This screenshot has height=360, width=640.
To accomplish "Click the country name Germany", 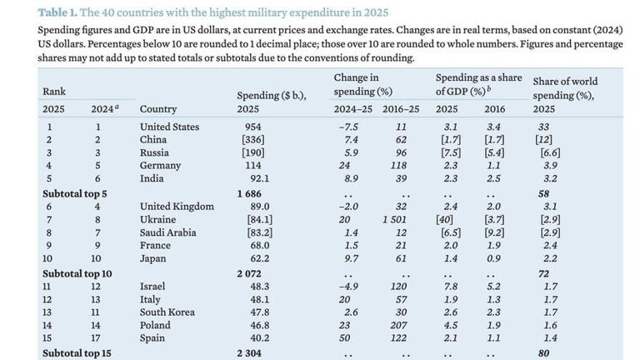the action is pos(160,165).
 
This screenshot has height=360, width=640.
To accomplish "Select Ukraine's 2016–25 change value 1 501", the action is pos(394,220).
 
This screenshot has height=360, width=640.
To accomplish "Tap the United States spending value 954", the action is pos(253,127).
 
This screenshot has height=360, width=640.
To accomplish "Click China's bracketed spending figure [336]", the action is pos(253,140).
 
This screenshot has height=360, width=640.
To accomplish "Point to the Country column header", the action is pos(158,109).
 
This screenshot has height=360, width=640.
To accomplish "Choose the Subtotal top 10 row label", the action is pos(77,273).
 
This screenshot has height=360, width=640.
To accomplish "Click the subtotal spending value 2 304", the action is pos(249,353).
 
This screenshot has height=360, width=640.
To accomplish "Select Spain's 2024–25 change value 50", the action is pos(344,338).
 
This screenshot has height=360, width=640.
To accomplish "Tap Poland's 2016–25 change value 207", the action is pos(398,325).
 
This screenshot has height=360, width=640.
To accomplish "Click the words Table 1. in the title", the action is pos(57,12).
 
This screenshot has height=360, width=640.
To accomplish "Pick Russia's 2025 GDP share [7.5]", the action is pos(451,152).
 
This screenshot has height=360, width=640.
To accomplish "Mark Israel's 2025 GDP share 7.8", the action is pos(451,287).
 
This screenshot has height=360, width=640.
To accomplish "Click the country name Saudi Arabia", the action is pos(167,232).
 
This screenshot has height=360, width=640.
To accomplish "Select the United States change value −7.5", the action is pos(348,127).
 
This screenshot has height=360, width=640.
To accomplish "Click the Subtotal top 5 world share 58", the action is pos(543,194).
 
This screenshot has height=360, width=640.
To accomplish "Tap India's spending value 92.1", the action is pos(260,178).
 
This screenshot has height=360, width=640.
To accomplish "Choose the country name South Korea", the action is pos(167,312).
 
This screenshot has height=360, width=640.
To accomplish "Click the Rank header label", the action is pos(54,92).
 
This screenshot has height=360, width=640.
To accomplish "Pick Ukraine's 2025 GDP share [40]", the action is pos(444,220).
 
